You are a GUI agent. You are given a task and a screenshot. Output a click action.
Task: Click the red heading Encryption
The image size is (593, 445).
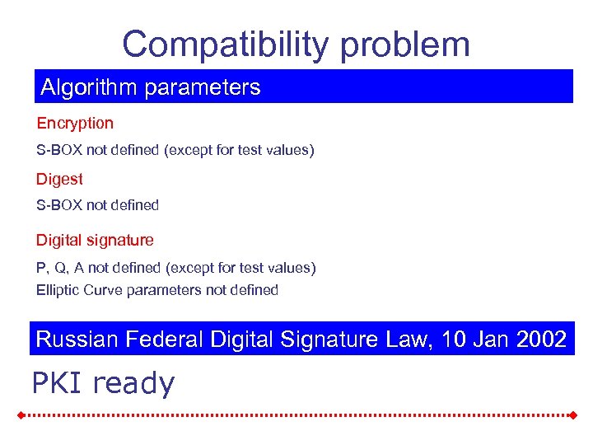(75, 124)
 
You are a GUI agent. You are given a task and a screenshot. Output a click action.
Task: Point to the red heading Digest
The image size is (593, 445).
(59, 179)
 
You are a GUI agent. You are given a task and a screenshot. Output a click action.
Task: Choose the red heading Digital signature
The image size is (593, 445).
(95, 241)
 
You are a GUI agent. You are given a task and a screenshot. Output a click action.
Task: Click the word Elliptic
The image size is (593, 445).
(58, 290)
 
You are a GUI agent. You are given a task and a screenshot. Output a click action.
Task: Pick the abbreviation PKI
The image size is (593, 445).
(58, 383)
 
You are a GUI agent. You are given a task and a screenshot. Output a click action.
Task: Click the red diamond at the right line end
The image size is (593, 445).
(571, 415)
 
